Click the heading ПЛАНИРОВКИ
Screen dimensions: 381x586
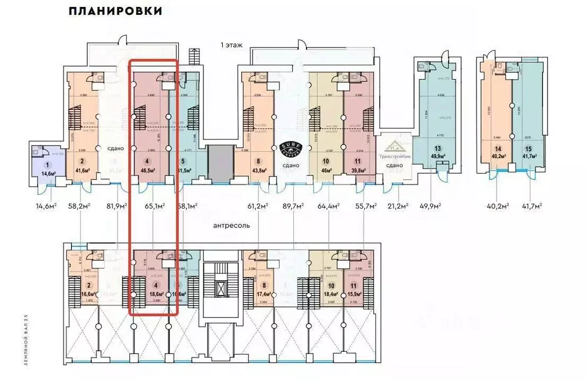pos(115,11)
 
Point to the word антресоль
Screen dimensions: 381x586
pos(231,225)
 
